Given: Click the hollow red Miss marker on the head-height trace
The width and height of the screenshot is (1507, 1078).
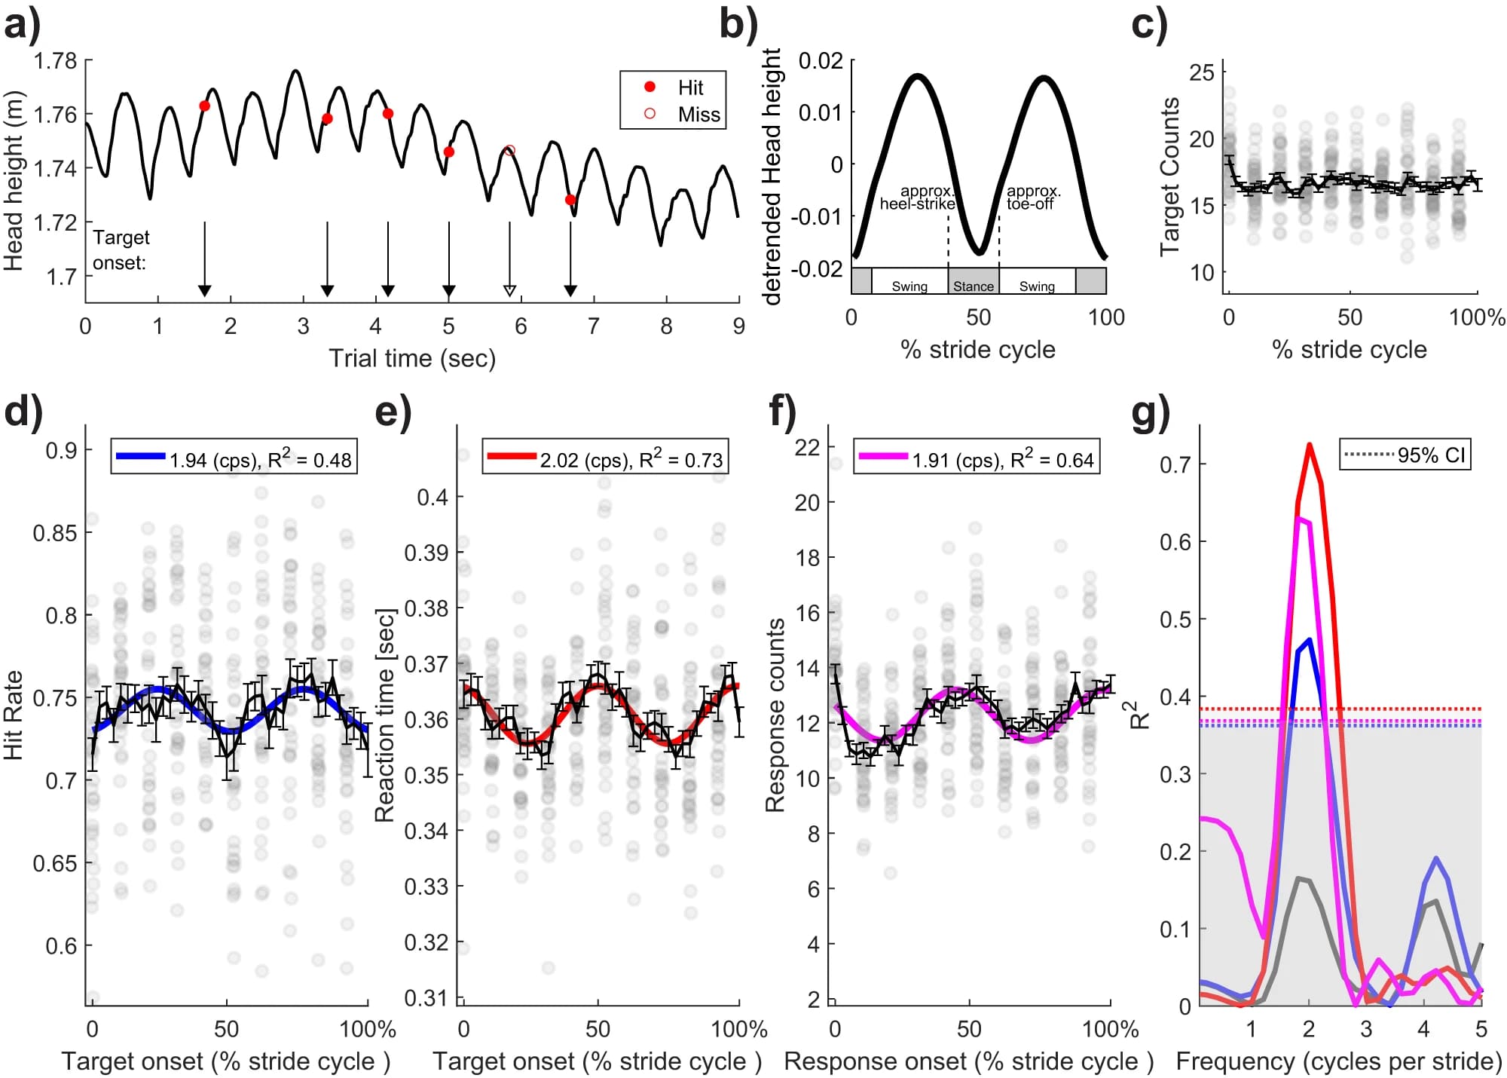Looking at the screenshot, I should click(x=509, y=151).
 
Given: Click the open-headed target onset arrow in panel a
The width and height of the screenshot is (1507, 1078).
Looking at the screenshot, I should click(x=509, y=289).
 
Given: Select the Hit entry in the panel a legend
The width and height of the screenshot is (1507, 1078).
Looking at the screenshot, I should click(x=689, y=87).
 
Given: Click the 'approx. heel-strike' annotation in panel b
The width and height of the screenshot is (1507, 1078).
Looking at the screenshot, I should click(x=917, y=198).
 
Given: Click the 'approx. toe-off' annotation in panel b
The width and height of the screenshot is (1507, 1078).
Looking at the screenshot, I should click(x=1032, y=198).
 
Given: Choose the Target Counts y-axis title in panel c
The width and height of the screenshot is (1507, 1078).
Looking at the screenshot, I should click(x=1170, y=176).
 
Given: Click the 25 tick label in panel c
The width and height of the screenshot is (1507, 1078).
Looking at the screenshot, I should click(x=1201, y=72).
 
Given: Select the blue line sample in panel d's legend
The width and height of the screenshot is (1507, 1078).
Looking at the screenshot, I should click(x=140, y=456).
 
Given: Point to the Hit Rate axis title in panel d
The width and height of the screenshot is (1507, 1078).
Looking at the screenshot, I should click(x=14, y=715).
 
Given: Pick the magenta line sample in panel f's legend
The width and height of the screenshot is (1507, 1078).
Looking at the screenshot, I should click(x=883, y=457).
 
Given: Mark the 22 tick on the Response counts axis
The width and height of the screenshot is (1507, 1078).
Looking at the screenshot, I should click(x=807, y=447).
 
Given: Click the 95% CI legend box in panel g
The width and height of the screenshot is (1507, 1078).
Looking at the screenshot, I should click(x=1405, y=455).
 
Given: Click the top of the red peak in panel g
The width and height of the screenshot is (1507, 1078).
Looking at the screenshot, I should click(x=1310, y=445).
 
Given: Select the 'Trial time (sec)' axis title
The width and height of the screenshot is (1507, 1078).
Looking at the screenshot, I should click(x=412, y=358).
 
